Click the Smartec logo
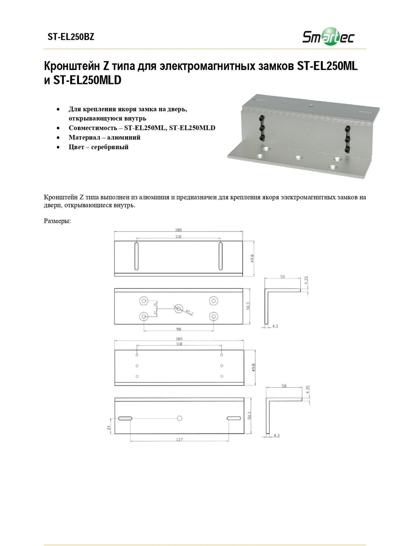[328, 37]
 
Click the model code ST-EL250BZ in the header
[71, 37]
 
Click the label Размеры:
[57, 221]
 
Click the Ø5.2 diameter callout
[189, 313]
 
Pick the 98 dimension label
[178, 329]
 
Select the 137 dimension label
[179, 440]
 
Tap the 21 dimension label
[109, 427]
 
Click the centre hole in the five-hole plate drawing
[178, 309]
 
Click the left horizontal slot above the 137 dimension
[125, 418]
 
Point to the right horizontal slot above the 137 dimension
[234, 418]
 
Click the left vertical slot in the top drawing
[137, 256]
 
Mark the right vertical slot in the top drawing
[220, 256]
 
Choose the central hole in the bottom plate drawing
[180, 418]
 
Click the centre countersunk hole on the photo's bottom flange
[298, 158]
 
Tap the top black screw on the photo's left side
[261, 118]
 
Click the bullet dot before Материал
[58, 138]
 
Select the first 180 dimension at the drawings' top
[178, 230]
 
